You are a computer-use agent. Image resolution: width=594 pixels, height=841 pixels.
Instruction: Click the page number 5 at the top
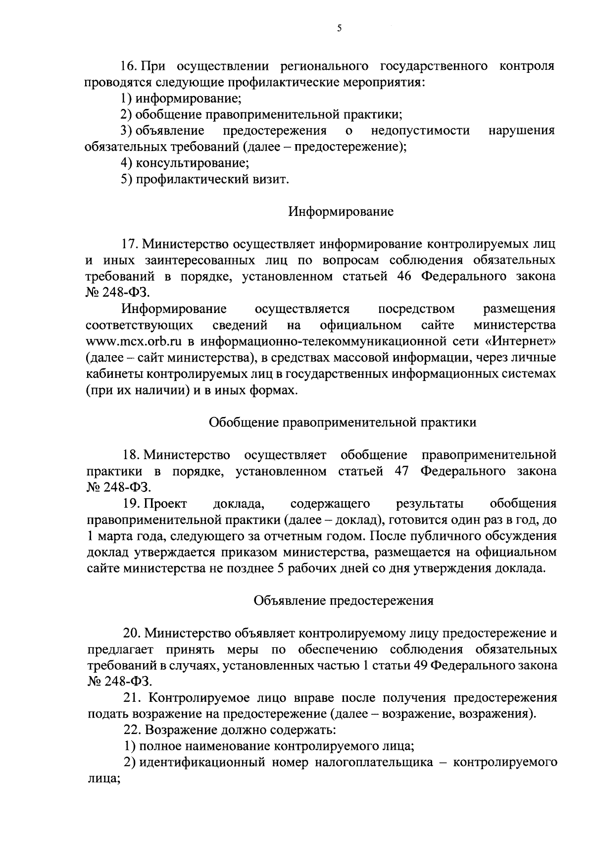click(x=339, y=29)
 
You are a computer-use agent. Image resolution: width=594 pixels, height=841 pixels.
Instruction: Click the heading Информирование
click(x=341, y=212)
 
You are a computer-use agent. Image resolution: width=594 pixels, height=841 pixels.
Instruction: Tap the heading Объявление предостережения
click(x=344, y=600)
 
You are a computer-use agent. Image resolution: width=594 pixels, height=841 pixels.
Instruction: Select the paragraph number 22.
click(x=132, y=730)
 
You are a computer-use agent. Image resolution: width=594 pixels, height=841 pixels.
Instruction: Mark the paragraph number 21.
click(x=132, y=698)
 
